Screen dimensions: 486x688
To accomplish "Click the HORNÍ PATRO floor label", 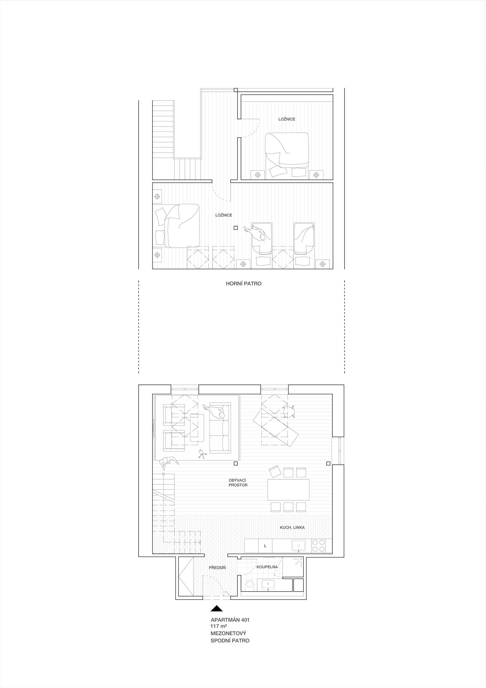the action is click(244, 283).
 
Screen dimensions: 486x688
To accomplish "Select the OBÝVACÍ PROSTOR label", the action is click(238, 482).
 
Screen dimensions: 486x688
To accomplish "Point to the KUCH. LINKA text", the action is click(292, 527).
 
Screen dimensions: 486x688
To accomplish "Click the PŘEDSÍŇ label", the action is click(217, 568).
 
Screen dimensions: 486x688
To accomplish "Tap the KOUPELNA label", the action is click(267, 567).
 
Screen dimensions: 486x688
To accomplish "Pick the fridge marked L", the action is click(265, 546).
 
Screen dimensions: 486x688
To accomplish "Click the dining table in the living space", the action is click(288, 490).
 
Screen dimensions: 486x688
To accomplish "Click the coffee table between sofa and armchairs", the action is click(197, 427).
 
